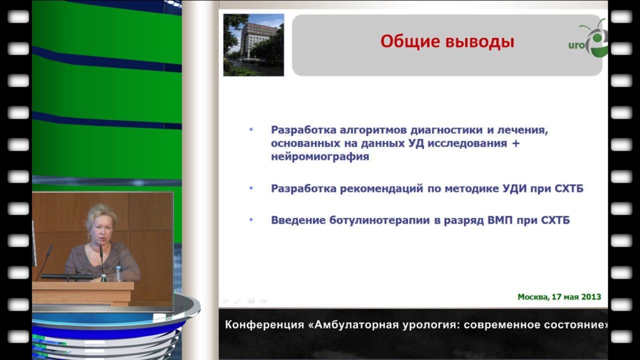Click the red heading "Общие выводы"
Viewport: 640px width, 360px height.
point(447,42)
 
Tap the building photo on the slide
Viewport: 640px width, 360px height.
point(254,45)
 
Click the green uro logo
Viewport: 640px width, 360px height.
point(588,39)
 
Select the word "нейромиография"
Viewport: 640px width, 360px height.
point(320,157)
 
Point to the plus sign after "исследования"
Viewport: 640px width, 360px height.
point(516,143)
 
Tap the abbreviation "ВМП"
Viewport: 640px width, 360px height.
point(500,221)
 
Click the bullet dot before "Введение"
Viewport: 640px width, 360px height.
point(251,220)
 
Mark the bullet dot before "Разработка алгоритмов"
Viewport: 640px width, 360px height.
point(251,130)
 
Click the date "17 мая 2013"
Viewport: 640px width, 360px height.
point(576,297)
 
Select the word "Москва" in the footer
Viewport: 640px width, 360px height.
point(532,297)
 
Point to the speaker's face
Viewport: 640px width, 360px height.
point(99,229)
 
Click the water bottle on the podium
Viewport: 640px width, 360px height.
point(118,274)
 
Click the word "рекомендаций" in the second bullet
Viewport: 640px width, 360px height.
point(381,189)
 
